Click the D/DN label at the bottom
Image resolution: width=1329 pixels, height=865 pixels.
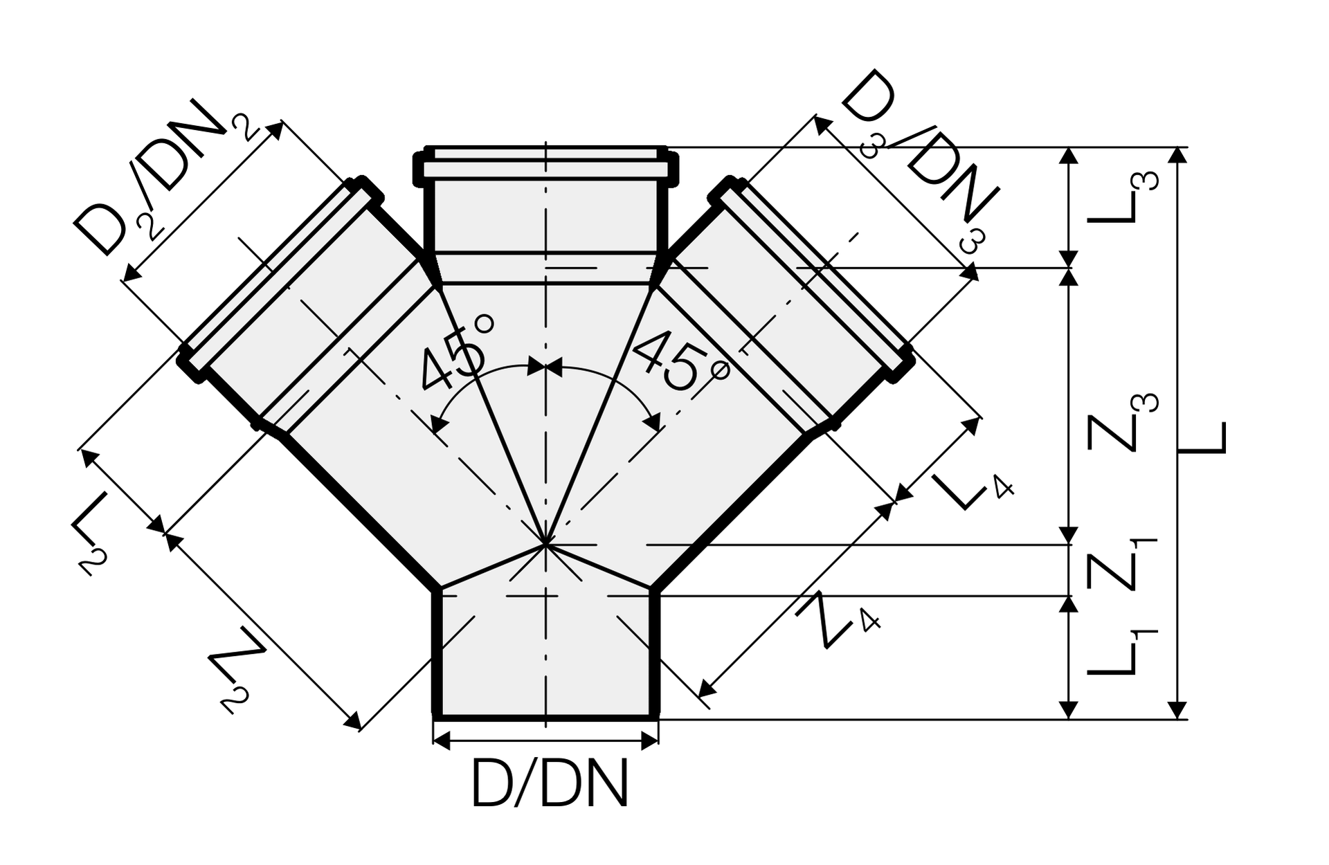(550, 783)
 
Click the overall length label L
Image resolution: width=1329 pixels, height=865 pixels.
(1202, 438)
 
